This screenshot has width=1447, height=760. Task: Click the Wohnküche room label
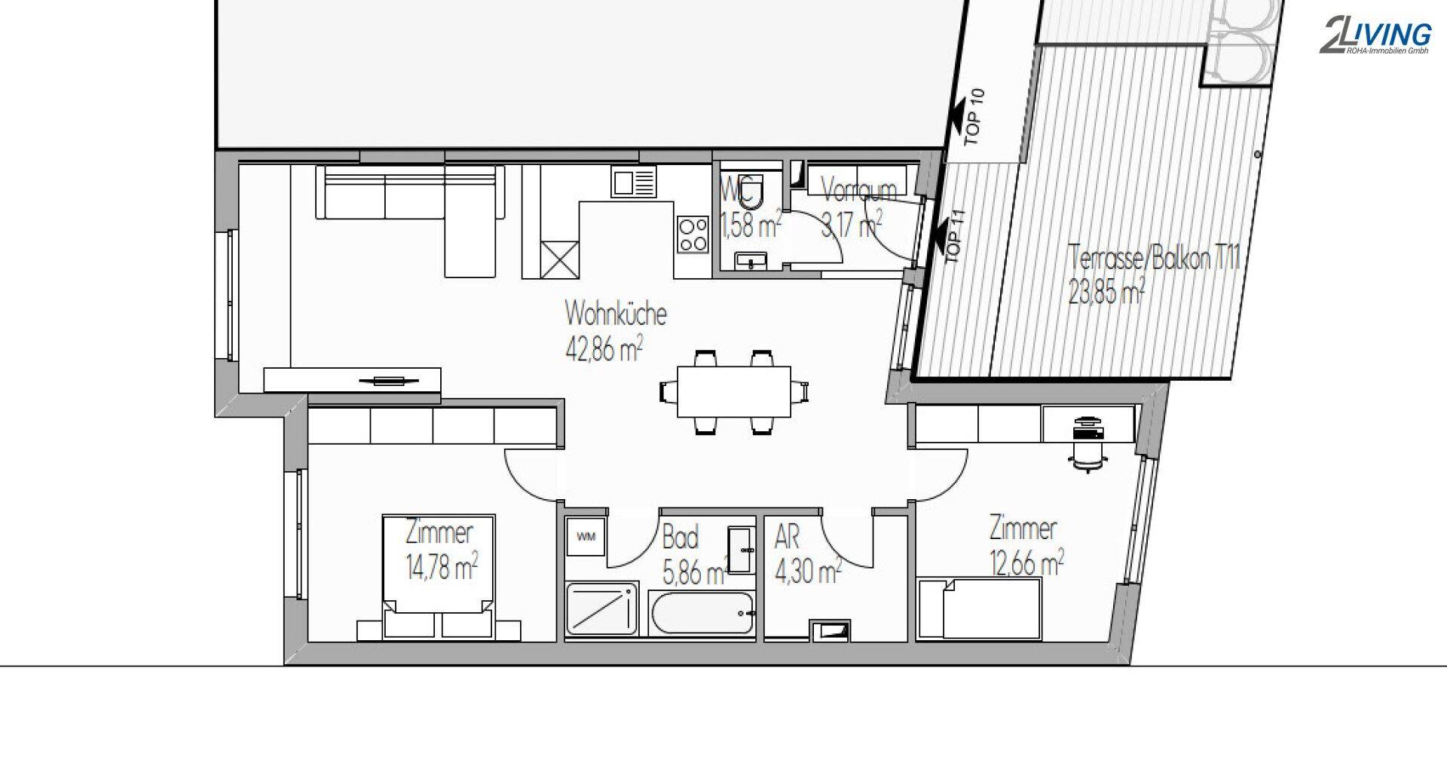[x=616, y=314]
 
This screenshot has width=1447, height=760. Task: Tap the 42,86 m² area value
[x=604, y=350]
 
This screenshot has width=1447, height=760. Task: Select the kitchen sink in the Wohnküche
[x=634, y=183]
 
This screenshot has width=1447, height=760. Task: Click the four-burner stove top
[x=693, y=234]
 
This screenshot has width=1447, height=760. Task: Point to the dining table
[x=734, y=392]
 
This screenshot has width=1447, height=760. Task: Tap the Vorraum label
[x=858, y=190]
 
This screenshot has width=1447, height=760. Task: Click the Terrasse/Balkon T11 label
[x=1154, y=259]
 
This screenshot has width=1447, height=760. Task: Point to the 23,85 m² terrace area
[x=1107, y=291]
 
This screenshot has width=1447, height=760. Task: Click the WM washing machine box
[x=585, y=537]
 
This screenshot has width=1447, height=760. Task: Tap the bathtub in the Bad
[x=702, y=614]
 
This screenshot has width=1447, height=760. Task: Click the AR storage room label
[x=787, y=538]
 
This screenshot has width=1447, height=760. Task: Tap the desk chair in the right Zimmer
[x=1087, y=456]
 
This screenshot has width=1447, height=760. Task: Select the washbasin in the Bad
[x=742, y=550]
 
